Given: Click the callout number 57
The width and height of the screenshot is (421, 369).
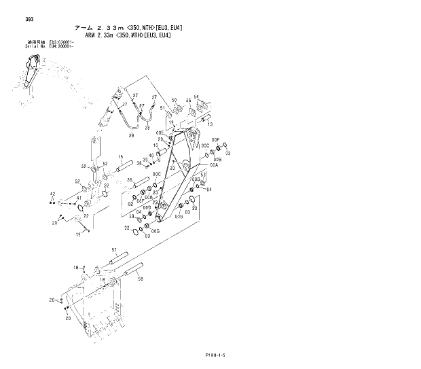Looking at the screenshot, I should [x=114, y=251].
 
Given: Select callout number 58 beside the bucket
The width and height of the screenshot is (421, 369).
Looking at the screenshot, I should [x=140, y=278].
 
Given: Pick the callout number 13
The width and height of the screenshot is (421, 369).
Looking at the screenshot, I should [x=209, y=125].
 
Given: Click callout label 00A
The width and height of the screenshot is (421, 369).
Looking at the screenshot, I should [x=213, y=165].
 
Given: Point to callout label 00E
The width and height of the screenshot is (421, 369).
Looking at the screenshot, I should [x=160, y=133].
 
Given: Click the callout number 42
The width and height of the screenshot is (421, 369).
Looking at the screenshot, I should [x=52, y=194].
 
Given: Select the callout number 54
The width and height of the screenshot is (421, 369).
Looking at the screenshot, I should [x=196, y=97].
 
